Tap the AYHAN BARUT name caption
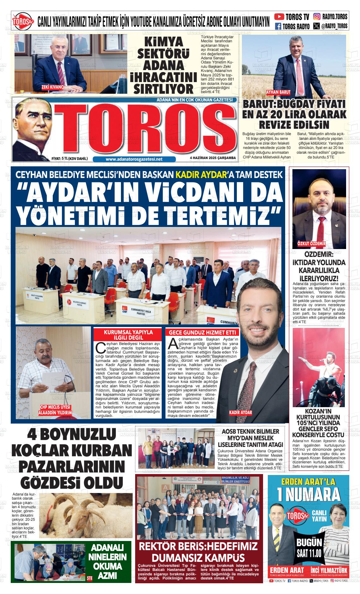pyautogui.click(x=278, y=92)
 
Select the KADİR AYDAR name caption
pyautogui.click(x=240, y=413)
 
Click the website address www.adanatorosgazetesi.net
pyautogui.click(x=134, y=159)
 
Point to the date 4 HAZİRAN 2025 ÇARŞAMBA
pyautogui.click(x=213, y=158)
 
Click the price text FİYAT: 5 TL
pyautogui.click(x=69, y=158)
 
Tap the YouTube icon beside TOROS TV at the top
pyautogui.click(x=279, y=16)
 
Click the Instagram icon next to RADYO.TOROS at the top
pyautogui.click(x=317, y=16)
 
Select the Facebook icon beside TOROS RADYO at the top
pyautogui.click(x=278, y=26)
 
